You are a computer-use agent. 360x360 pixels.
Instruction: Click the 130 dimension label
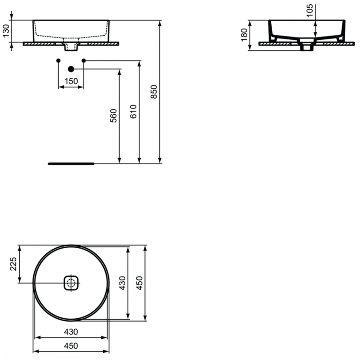(x=6, y=32)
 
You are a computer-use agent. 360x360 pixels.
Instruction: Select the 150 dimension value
(x=71, y=81)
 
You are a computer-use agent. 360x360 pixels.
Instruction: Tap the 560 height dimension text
(x=113, y=116)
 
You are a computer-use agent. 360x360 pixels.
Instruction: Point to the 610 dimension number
(x=134, y=111)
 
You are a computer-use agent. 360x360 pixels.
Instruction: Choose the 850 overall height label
(x=154, y=92)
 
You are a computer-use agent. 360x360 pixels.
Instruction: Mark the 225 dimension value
(x=13, y=264)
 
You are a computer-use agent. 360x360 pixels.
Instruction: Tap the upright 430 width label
(x=71, y=332)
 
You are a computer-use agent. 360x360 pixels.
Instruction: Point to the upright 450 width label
(x=71, y=346)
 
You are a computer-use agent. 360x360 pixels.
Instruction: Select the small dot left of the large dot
(x=58, y=60)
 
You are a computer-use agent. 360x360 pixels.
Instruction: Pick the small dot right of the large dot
(x=84, y=60)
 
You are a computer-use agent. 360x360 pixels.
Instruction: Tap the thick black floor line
(x=72, y=163)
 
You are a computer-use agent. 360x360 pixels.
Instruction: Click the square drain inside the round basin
(x=71, y=282)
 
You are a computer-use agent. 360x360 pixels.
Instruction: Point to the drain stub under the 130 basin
(x=71, y=47)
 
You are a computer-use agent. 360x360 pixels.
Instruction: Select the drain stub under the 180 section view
(x=306, y=47)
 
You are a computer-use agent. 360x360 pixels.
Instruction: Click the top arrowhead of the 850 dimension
(x=160, y=23)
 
